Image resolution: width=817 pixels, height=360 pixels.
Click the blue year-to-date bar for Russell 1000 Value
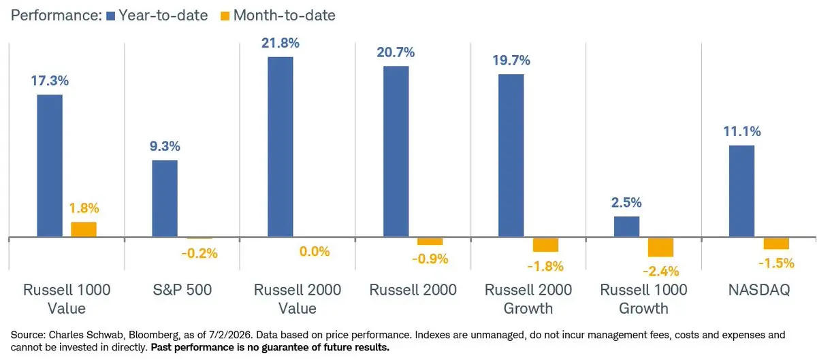[x=50, y=165]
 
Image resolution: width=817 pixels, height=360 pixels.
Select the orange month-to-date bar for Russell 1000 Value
[x=84, y=229]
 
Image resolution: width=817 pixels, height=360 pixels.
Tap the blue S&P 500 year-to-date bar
[x=165, y=199]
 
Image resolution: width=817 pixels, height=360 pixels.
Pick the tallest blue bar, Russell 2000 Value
[x=280, y=147]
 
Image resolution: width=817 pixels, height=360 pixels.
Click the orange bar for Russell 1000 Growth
[x=660, y=247]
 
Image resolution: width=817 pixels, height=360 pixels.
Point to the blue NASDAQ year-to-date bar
[x=742, y=191]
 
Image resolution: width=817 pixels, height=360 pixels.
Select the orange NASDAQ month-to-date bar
[x=776, y=244]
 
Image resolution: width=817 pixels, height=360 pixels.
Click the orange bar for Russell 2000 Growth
[x=545, y=245]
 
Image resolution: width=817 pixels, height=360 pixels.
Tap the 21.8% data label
[x=280, y=43]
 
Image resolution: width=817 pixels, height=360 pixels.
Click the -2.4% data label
[x=661, y=272]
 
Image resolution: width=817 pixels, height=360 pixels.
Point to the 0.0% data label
[x=315, y=251]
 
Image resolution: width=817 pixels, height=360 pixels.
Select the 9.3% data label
[x=165, y=146]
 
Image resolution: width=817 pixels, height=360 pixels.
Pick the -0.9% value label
[x=430, y=259]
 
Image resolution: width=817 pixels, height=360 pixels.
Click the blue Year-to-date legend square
[x=110, y=16]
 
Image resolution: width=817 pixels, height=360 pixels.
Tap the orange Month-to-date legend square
[x=225, y=16]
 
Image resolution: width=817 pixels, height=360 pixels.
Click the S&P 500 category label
[x=182, y=290]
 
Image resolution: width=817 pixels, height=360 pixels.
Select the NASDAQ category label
[x=759, y=290]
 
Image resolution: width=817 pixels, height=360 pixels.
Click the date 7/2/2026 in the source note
[x=230, y=335]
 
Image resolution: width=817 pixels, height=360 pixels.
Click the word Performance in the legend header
[x=56, y=16]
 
